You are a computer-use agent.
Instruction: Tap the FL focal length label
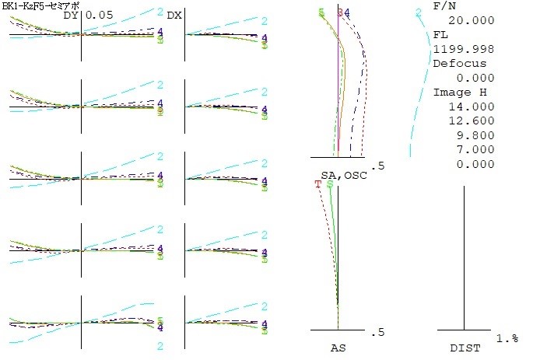click(x=440, y=36)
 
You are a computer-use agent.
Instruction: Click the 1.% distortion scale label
click(x=508, y=338)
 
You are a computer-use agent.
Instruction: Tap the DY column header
click(x=72, y=15)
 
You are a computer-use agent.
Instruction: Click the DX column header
click(x=174, y=15)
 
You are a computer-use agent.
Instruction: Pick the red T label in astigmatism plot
click(x=317, y=184)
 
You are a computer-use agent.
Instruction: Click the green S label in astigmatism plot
click(x=331, y=184)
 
